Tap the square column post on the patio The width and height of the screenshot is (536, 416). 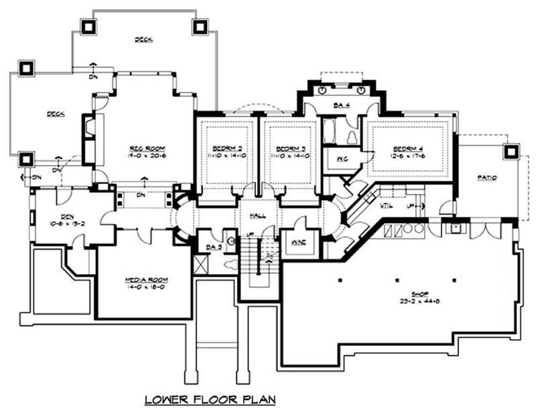(510, 152)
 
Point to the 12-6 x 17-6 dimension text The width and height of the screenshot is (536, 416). (408, 156)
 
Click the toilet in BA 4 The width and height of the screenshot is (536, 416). (353, 137)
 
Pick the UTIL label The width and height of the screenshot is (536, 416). (384, 206)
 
